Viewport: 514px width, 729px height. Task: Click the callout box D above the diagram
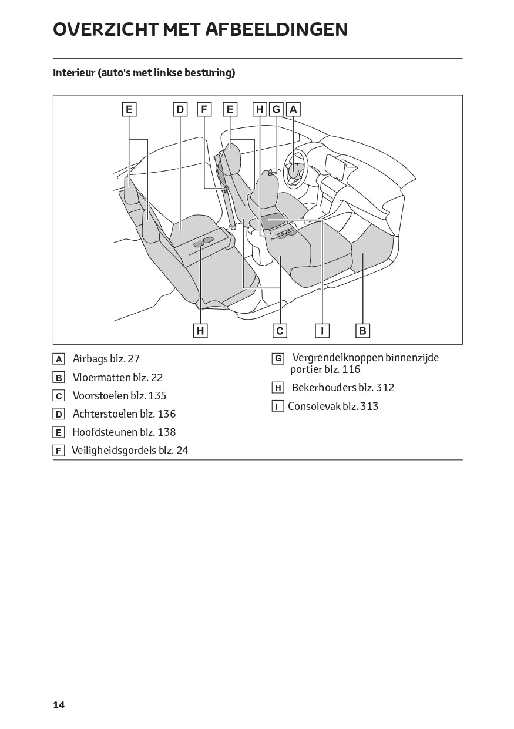180,109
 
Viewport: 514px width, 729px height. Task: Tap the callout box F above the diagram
204,109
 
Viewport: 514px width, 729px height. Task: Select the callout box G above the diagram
276,109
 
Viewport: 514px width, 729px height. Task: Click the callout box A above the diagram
293,109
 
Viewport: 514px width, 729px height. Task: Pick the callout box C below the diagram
280,331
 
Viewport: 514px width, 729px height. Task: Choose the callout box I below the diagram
322,331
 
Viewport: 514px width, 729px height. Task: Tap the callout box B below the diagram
362,331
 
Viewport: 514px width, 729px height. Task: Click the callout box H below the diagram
200,331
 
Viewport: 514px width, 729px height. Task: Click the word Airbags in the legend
90,359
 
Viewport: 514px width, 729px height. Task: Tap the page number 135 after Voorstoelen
157,396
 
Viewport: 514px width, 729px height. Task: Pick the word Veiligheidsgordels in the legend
114,451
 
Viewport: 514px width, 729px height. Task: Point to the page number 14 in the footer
59,705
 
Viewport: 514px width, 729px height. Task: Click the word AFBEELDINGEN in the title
277,29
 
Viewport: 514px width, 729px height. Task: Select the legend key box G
278,359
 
